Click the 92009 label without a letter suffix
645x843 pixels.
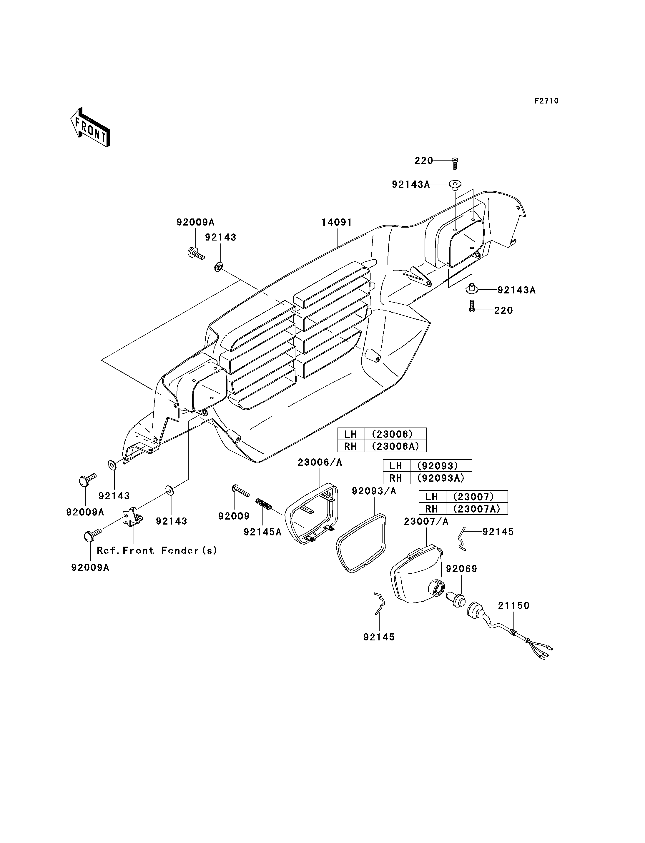point(234,516)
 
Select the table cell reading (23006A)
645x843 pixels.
point(395,446)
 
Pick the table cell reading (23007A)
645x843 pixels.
point(476,509)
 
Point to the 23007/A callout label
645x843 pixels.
point(426,521)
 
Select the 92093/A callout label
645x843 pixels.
point(374,491)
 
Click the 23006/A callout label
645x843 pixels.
point(320,462)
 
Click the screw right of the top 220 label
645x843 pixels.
point(455,163)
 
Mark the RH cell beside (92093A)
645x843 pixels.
point(396,478)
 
